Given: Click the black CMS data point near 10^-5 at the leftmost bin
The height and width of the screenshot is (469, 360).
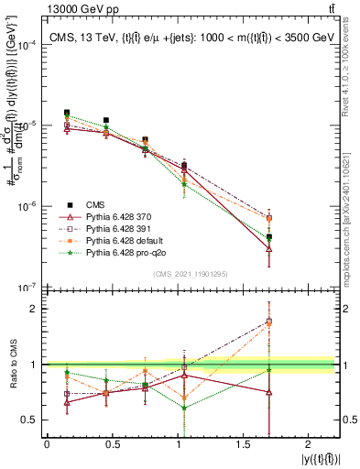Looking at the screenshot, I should (66, 113).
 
